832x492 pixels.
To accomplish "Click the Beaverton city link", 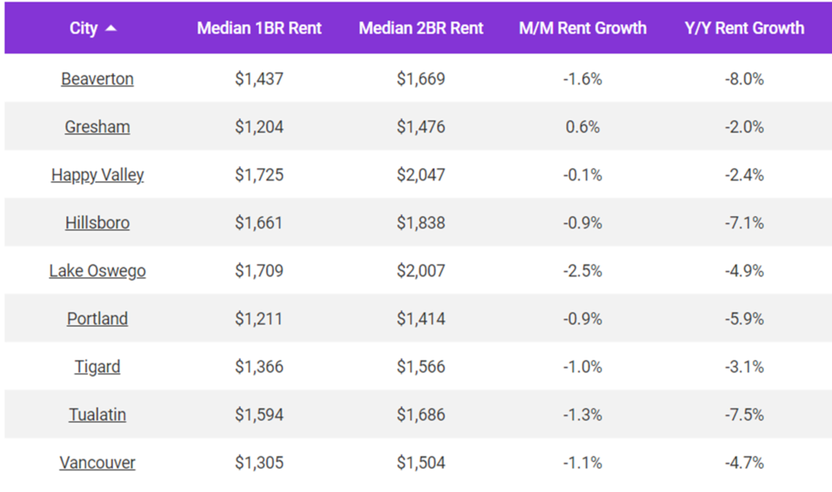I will [x=97, y=79].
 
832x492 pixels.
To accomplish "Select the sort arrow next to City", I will [x=111, y=28].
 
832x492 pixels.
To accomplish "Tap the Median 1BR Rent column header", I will [x=259, y=28].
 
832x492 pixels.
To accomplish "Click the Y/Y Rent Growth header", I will [x=744, y=28].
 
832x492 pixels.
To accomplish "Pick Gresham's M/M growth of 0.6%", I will [x=583, y=127].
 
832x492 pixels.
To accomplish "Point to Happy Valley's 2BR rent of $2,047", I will [x=421, y=175].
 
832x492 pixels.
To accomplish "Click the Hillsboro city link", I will [x=97, y=223].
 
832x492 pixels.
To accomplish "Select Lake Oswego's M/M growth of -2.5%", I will [x=583, y=271].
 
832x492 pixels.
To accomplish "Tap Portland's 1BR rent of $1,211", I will [x=259, y=319].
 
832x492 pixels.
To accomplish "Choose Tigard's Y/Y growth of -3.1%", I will [x=744, y=367].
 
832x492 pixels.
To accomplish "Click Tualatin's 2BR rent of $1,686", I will [x=421, y=415].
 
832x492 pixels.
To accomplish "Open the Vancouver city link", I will [x=97, y=463].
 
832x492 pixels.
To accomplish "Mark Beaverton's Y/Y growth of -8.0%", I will [x=744, y=79].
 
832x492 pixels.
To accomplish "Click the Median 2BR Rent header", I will [x=421, y=28].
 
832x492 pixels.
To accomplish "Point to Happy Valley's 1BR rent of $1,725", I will [x=259, y=175].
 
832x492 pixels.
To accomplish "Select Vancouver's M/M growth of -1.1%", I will [x=583, y=463].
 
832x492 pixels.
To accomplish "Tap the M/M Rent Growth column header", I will [x=583, y=28].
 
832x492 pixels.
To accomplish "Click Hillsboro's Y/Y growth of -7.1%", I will [x=744, y=223].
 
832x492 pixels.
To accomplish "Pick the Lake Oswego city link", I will [x=97, y=271].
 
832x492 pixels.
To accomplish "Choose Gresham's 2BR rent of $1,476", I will [x=421, y=127].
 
